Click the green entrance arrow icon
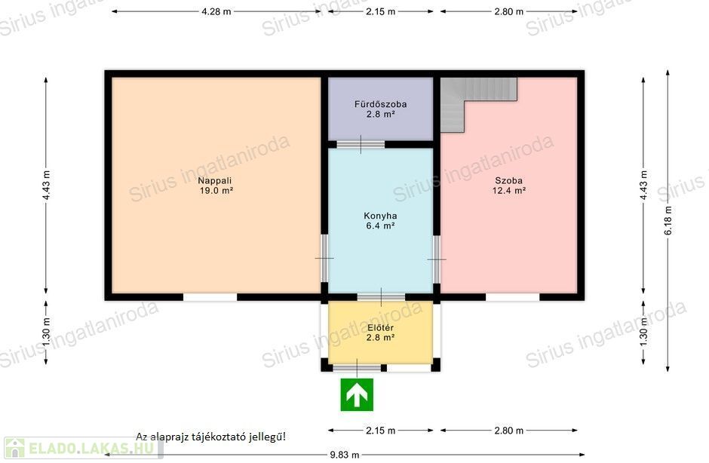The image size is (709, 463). (357, 394)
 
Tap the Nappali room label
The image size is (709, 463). (215, 180)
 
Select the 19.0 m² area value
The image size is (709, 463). (216, 190)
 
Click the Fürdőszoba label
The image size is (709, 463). (380, 104)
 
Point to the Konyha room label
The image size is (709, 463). (380, 216)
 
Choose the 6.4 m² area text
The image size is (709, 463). (380, 225)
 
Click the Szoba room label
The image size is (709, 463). (508, 180)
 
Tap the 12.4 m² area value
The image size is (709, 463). (508, 190)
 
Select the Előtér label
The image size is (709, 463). (380, 327)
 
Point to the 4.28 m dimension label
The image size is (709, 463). (216, 12)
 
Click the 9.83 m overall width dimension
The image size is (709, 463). (345, 455)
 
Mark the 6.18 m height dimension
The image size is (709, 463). (668, 220)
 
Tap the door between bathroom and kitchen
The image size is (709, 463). (361, 145)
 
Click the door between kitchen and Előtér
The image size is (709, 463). (381, 297)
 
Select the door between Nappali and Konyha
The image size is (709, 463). (324, 258)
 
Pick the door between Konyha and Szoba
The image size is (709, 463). (437, 259)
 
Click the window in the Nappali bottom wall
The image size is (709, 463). (210, 297)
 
